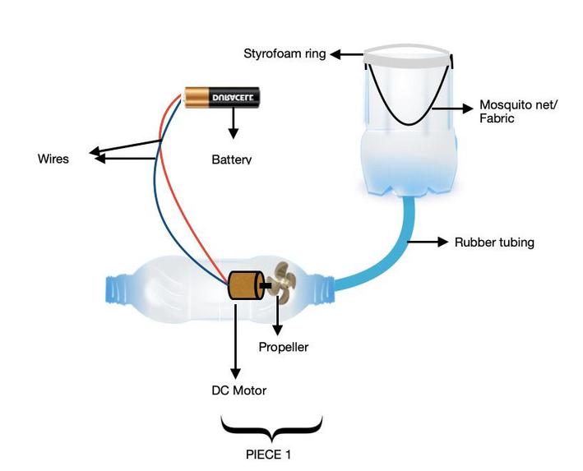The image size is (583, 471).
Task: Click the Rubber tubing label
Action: click(494, 242)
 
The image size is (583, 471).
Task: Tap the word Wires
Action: click(53, 159)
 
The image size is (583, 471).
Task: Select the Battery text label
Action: click(231, 159)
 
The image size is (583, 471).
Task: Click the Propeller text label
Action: click(284, 347)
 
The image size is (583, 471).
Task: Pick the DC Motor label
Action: click(238, 390)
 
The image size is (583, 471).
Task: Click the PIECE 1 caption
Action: click(271, 454)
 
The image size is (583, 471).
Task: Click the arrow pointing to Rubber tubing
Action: click(428, 242)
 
